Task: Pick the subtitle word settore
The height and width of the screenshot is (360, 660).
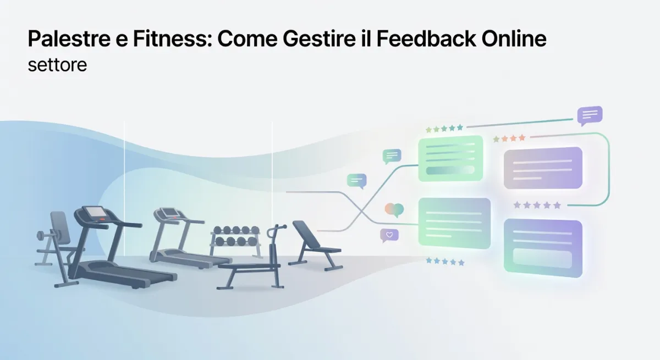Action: pyautogui.click(x=57, y=65)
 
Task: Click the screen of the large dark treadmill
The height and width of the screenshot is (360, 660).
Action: pyautogui.click(x=95, y=213)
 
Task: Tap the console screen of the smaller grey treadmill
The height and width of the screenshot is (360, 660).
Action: pyautogui.click(x=167, y=212)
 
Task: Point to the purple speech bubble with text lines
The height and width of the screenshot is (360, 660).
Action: pyautogui.click(x=590, y=115)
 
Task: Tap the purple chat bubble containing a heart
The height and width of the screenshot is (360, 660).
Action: pyautogui.click(x=389, y=235)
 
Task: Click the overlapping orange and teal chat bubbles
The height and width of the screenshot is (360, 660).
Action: pyautogui.click(x=394, y=209)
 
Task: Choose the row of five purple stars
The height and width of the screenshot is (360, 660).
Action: pyautogui.click(x=537, y=205)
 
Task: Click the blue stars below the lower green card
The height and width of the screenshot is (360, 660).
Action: pyautogui.click(x=445, y=262)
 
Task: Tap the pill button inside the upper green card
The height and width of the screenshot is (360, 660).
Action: pyautogui.click(x=450, y=170)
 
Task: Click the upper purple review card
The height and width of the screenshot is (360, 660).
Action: pyautogui.click(x=542, y=168)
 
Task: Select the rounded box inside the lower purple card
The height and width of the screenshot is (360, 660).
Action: pyautogui.click(x=542, y=258)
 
